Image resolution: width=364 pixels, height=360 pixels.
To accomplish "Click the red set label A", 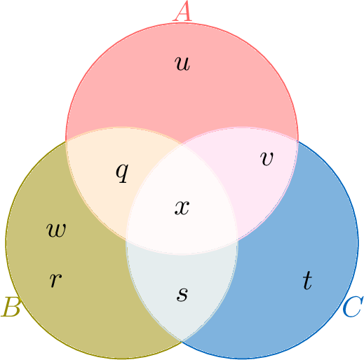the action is (182, 11).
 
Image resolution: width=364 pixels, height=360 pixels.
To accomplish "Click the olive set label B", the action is (11, 307).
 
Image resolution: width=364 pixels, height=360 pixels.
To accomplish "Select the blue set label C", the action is (353, 307).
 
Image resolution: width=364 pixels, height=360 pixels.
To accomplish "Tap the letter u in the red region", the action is (182, 64).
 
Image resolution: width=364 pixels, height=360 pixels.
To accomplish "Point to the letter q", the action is (122, 173).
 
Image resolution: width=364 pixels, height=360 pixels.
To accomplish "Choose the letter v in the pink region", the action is (267, 159).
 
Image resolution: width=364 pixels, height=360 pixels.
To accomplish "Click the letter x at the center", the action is (182, 207).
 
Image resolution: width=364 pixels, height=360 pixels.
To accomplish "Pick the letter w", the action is (56, 230).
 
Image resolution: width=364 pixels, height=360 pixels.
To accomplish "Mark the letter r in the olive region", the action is (55, 280).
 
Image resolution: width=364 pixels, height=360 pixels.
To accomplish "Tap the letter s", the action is (182, 294).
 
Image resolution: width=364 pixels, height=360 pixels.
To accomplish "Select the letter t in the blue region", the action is (307, 280).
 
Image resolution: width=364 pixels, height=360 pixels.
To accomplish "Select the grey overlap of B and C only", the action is (182, 287).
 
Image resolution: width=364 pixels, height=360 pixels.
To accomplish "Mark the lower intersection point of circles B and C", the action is (182, 342).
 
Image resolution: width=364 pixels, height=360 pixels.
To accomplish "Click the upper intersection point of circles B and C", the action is (182, 144).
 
